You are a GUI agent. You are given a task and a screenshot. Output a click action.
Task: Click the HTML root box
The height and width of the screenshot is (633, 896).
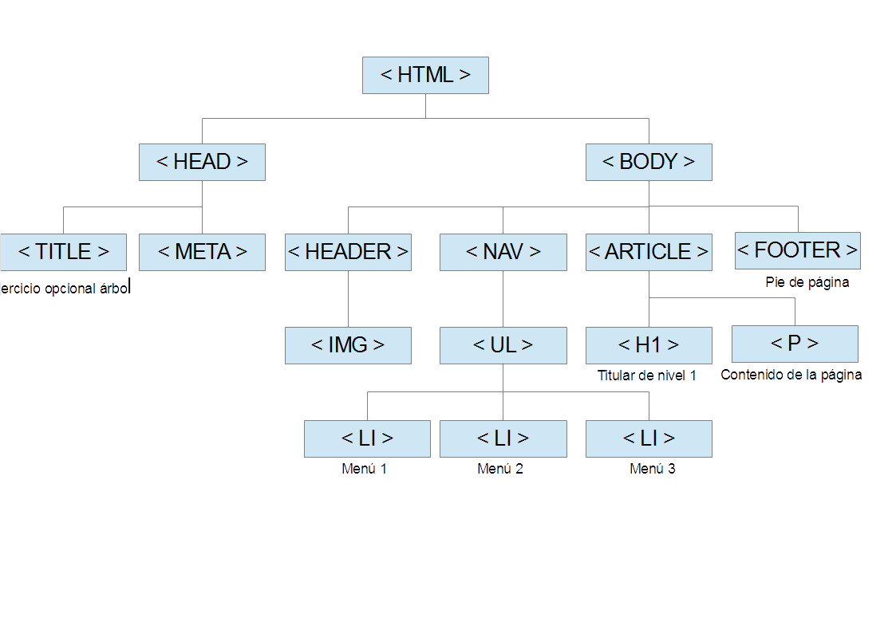click(x=425, y=75)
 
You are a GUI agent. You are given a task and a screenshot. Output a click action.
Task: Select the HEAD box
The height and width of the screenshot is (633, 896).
click(x=202, y=162)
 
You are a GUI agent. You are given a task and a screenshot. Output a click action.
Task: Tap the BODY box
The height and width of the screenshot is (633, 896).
click(x=649, y=162)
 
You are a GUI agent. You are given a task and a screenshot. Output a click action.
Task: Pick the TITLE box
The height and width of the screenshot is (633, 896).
click(x=63, y=252)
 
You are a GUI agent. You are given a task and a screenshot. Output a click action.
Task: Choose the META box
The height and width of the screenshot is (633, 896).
click(x=202, y=252)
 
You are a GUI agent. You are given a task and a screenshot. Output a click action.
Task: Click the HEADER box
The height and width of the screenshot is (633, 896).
click(x=348, y=252)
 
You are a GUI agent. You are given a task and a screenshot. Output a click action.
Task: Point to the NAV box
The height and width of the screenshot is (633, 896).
click(x=503, y=252)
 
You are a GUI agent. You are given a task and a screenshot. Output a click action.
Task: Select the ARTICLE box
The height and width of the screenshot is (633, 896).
click(x=649, y=252)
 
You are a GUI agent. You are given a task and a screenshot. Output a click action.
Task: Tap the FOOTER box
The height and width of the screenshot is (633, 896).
click(x=797, y=250)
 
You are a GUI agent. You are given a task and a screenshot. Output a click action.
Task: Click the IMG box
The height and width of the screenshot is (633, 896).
click(x=348, y=345)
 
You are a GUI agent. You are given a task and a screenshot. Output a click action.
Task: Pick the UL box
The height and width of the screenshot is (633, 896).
click(x=503, y=345)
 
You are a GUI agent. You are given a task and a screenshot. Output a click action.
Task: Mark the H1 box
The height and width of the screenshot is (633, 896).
click(x=649, y=345)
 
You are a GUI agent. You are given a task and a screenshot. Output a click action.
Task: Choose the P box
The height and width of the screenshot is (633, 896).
click(x=795, y=344)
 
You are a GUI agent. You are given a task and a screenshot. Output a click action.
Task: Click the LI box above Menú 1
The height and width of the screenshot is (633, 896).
click(x=367, y=438)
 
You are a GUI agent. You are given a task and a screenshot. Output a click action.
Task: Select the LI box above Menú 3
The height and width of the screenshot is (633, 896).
click(x=649, y=438)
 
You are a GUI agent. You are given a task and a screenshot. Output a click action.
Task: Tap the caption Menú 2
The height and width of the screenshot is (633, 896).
click(x=500, y=469)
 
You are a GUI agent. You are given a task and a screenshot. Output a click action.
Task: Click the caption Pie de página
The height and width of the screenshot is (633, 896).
click(x=807, y=282)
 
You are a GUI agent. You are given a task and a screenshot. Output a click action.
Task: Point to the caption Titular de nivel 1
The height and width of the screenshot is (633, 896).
click(x=647, y=375)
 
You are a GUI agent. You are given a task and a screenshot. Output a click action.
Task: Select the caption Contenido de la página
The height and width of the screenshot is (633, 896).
click(x=791, y=375)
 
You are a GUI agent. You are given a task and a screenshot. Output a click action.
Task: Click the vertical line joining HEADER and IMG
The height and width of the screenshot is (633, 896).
click(x=348, y=298)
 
